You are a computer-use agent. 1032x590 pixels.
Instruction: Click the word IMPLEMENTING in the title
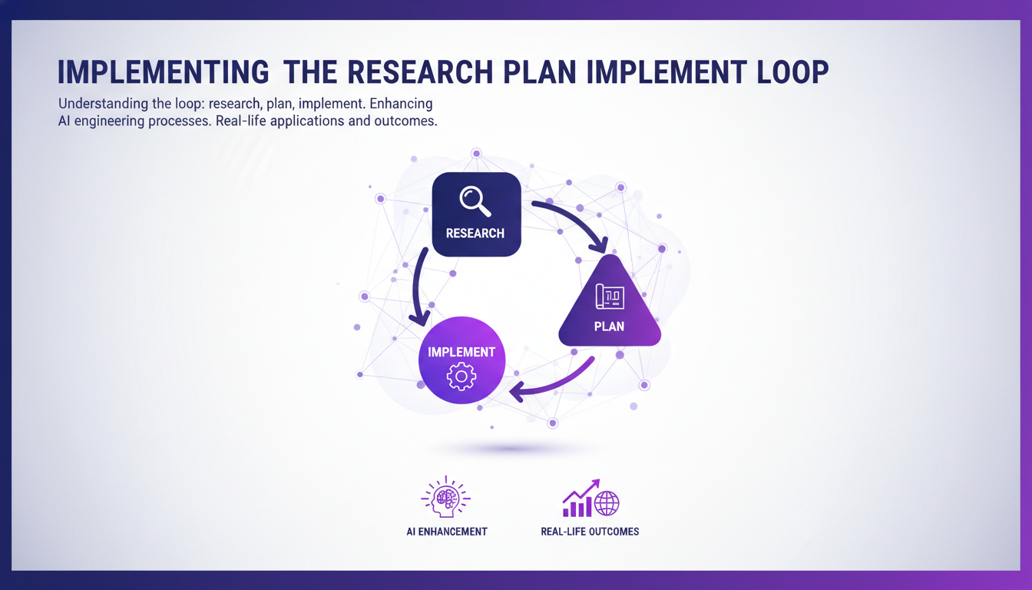click(x=164, y=71)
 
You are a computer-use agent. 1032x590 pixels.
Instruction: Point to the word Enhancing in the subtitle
click(x=400, y=103)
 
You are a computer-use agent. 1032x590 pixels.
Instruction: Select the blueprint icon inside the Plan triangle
click(x=610, y=297)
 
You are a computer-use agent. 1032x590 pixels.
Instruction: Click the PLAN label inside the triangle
click(x=609, y=326)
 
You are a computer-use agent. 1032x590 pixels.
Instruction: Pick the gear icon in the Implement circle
click(x=461, y=377)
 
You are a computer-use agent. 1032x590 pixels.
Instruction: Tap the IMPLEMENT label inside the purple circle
click(x=461, y=352)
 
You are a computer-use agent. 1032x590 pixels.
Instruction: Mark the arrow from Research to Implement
click(x=419, y=288)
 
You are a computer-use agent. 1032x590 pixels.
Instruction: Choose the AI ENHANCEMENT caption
click(x=447, y=532)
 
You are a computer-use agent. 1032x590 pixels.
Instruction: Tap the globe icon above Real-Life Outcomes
click(x=607, y=503)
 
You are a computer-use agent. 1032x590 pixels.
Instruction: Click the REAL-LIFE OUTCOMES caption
click(x=590, y=532)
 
